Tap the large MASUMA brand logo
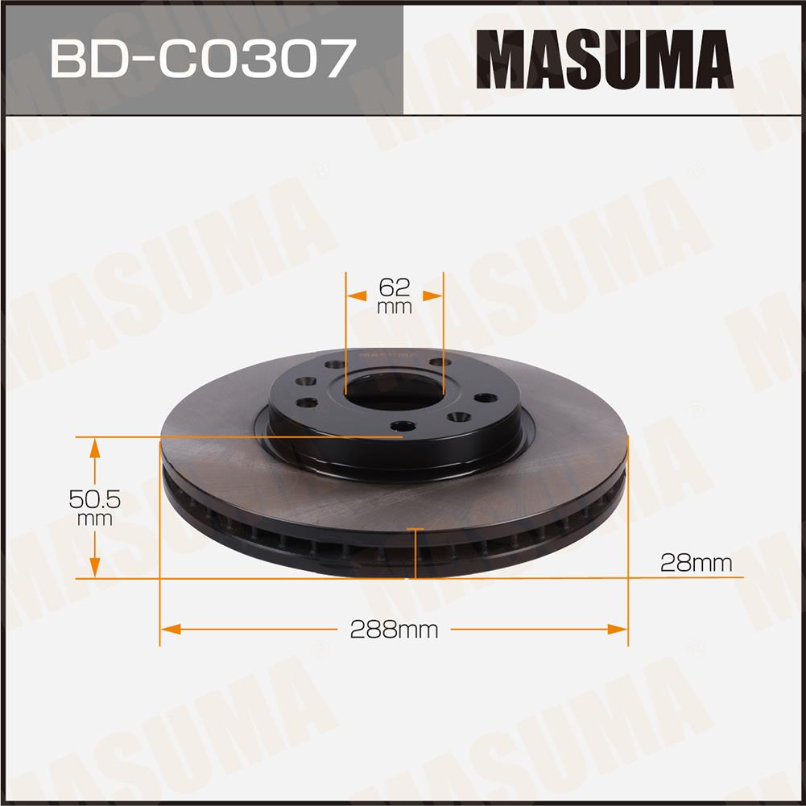[x=605, y=59]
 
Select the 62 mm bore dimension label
[x=395, y=296]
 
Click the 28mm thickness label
[x=696, y=564]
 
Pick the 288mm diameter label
[x=394, y=629]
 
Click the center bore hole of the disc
[x=394, y=392]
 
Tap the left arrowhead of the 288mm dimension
[x=170, y=629]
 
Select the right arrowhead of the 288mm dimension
[x=618, y=629]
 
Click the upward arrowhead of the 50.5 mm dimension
[x=94, y=448]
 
